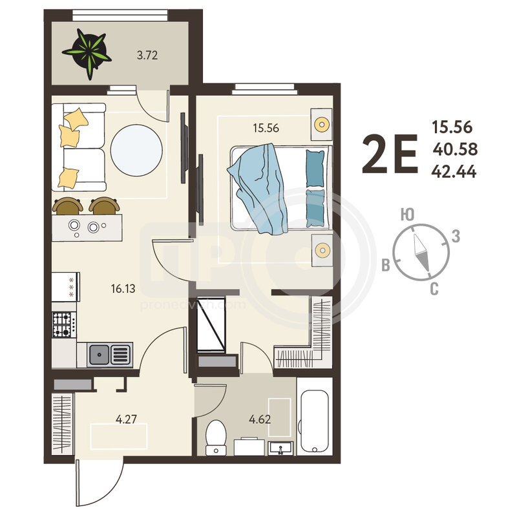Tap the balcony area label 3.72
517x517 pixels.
pyautogui.click(x=147, y=55)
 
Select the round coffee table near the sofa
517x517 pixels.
pyautogui.click(x=136, y=151)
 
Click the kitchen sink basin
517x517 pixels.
pyautogui.click(x=99, y=355)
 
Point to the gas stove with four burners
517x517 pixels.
pyautogui.click(x=64, y=324)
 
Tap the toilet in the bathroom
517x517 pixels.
pyautogui.click(x=216, y=438)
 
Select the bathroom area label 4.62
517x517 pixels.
pyautogui.click(x=260, y=419)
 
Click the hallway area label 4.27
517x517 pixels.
pyautogui.click(x=126, y=419)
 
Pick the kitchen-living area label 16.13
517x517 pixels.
pyautogui.click(x=123, y=289)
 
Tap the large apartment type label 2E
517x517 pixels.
pyautogui.click(x=390, y=154)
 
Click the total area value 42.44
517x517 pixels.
pyautogui.click(x=454, y=171)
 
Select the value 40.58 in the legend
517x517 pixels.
pyautogui.click(x=455, y=149)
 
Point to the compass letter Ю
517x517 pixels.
pyautogui.click(x=408, y=215)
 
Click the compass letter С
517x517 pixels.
pyautogui.click(x=434, y=289)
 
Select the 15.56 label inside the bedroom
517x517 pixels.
pyautogui.click(x=266, y=128)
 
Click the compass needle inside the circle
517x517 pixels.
pyautogui.click(x=421, y=252)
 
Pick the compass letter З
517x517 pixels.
pyautogui.click(x=456, y=236)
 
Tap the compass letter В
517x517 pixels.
pyautogui.click(x=386, y=265)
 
